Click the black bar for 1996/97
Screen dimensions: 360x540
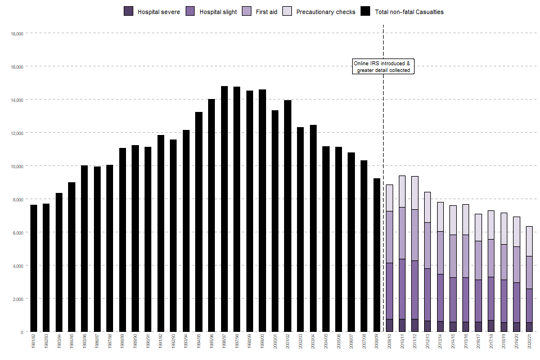tap(224, 209)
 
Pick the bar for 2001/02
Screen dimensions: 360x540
tap(288, 216)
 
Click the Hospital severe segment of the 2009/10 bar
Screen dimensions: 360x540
tap(389, 325)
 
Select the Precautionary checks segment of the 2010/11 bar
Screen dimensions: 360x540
tap(402, 191)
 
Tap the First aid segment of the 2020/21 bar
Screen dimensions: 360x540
tap(529, 272)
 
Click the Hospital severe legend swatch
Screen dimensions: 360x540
tap(128, 11)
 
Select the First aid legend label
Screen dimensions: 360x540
tap(267, 12)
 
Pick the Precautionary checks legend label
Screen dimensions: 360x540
tap(326, 12)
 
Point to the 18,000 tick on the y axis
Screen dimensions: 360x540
tap(16, 34)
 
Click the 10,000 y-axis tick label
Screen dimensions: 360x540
tap(16, 166)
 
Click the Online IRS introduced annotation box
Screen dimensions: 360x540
tap(383, 66)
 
